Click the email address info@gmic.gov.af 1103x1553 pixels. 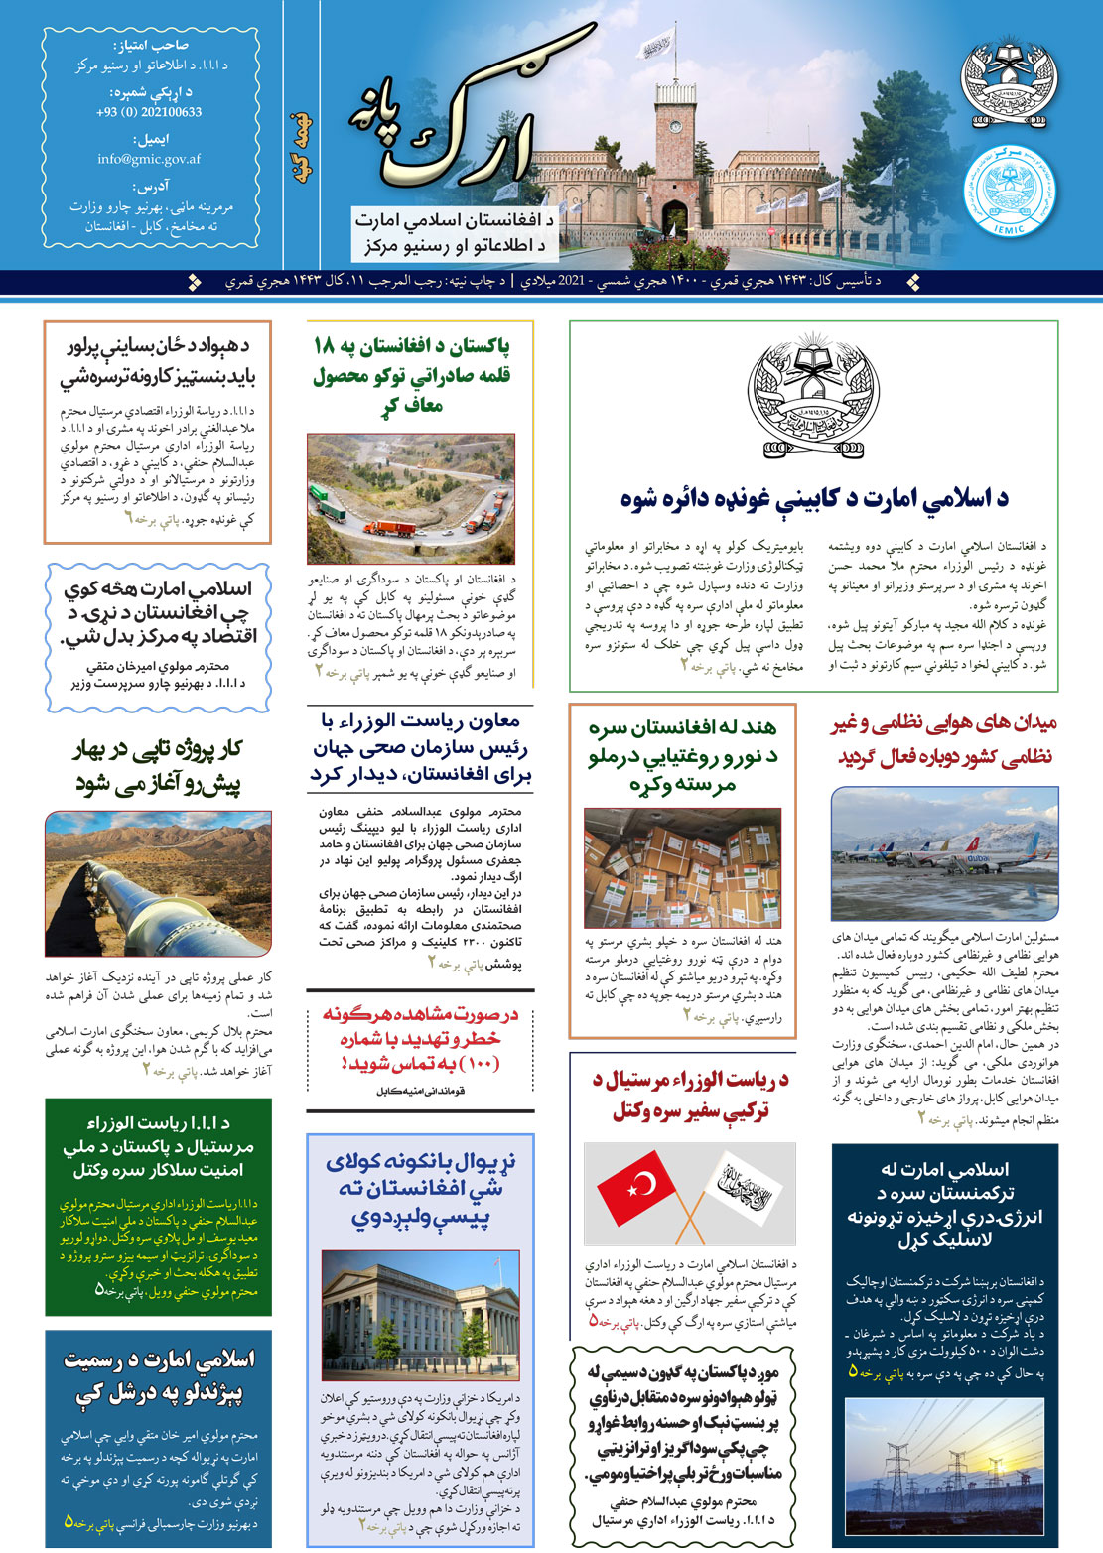[x=149, y=159]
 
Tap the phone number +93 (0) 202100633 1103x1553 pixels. [x=149, y=112]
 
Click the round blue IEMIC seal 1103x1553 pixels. [x=1009, y=189]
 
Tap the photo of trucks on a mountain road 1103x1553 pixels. [x=410, y=498]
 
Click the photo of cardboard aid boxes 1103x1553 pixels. [x=682, y=866]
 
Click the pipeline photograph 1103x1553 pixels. [x=158, y=882]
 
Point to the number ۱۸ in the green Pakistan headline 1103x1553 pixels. [x=327, y=347]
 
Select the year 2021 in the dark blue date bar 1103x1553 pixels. [x=569, y=282]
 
